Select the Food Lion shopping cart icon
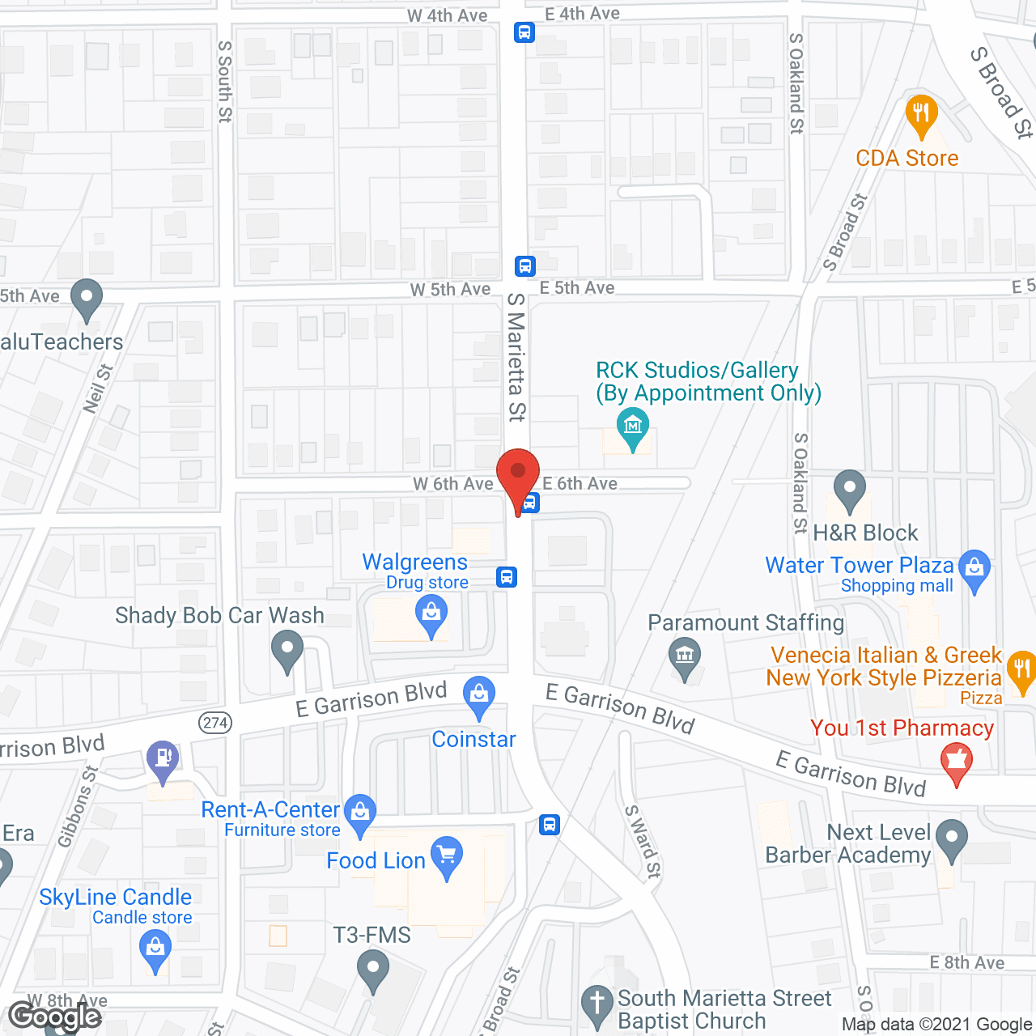point(446,856)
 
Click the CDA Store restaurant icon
point(921,113)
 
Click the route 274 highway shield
point(215,722)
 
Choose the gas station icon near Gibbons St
point(163,758)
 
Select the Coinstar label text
point(473,739)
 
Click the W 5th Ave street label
point(450,289)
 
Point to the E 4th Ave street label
point(582,14)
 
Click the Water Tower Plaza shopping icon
point(974,568)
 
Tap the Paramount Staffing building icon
point(685,656)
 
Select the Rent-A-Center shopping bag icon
point(360,812)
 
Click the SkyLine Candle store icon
point(155,948)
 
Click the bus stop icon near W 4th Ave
point(524,32)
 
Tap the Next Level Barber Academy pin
point(951,839)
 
